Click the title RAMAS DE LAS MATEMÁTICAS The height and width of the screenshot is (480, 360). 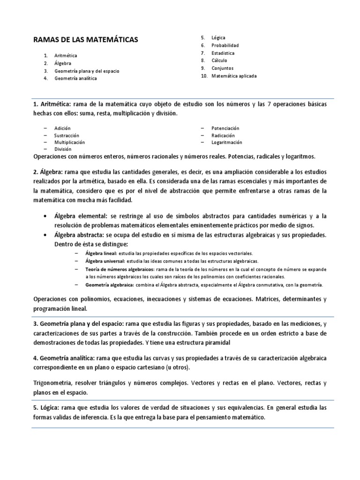(x=86, y=40)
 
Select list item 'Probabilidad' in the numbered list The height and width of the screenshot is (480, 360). (x=225, y=45)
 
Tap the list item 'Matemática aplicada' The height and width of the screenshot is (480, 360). (x=234, y=75)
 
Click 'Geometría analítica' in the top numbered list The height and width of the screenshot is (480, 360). (x=75, y=78)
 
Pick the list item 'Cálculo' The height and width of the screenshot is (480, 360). (x=219, y=60)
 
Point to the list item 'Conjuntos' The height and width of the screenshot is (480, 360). (x=222, y=68)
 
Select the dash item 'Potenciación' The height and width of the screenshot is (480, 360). (x=225, y=128)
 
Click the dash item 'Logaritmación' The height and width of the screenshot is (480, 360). (x=227, y=142)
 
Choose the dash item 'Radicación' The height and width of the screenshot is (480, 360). (x=223, y=135)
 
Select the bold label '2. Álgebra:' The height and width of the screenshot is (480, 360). (x=48, y=172)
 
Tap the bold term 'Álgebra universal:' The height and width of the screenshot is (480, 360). (x=105, y=261)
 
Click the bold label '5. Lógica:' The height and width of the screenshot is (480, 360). (x=47, y=408)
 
